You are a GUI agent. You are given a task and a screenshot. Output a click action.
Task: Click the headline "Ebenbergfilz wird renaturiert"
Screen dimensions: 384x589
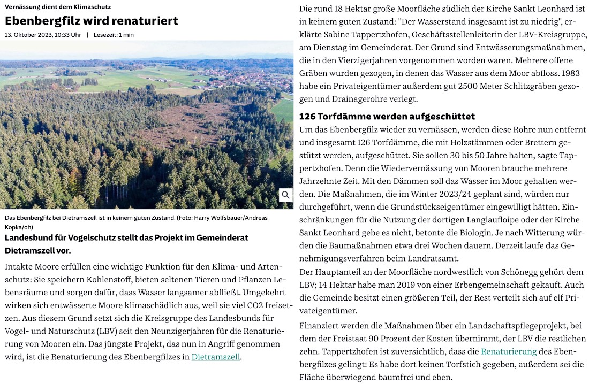pos(92,21)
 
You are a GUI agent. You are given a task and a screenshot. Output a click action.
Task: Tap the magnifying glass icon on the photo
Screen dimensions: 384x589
pos(286,195)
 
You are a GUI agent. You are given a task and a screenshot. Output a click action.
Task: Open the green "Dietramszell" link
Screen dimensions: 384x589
pos(216,357)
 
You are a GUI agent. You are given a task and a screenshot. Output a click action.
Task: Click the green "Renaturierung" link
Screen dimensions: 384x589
pos(508,351)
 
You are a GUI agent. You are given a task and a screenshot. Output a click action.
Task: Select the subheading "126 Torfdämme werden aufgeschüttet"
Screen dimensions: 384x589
pos(387,116)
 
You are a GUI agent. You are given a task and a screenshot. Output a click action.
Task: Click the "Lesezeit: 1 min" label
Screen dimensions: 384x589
pos(114,35)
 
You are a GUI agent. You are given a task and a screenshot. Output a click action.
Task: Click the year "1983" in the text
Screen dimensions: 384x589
pos(571,73)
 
